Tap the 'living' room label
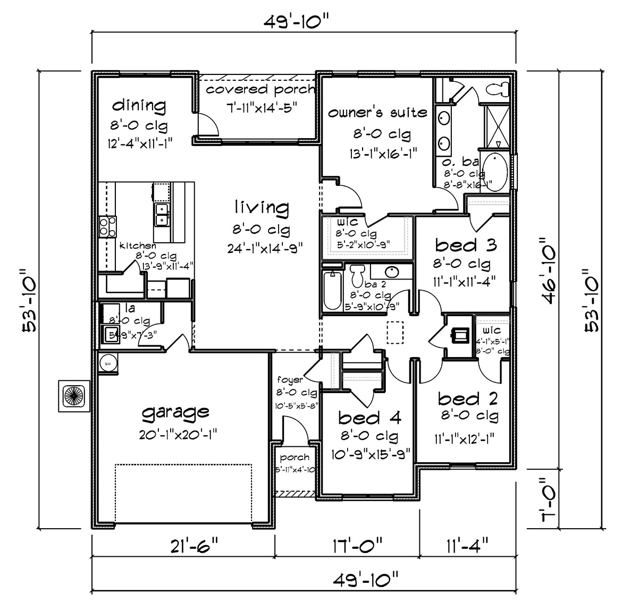click(x=262, y=207)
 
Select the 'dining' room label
click(x=139, y=105)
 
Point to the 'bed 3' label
click(x=466, y=245)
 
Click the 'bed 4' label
click(x=369, y=418)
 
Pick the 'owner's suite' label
click(x=377, y=113)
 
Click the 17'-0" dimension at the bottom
click(x=356, y=546)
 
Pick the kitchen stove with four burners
click(x=107, y=226)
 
